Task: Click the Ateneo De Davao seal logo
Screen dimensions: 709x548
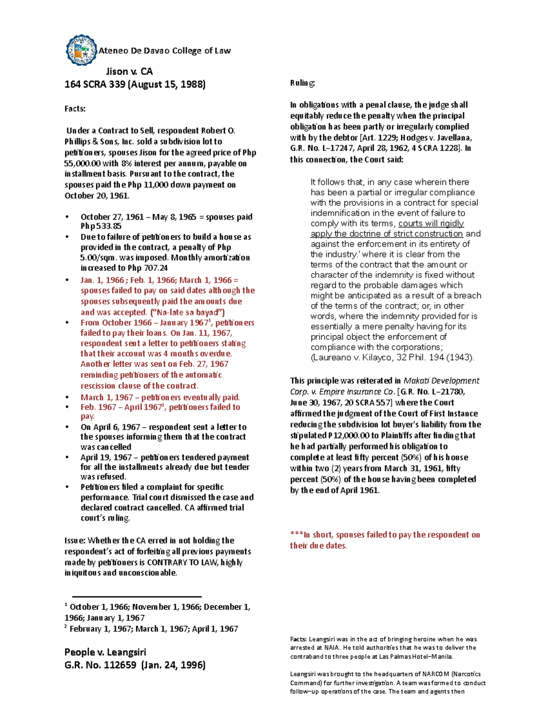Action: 81,50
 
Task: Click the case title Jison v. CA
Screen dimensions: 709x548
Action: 129,71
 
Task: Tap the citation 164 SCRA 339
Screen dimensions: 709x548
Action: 95,84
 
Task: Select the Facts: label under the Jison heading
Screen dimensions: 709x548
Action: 75,109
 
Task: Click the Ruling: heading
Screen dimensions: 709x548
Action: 302,83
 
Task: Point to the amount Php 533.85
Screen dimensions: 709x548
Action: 101,226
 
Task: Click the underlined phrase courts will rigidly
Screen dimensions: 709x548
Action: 431,223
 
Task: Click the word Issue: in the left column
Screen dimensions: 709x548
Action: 74,541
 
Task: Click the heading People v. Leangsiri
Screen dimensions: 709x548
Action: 105,652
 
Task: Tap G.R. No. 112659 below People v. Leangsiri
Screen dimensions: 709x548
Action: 100,665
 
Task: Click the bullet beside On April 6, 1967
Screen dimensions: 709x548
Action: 68,427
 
